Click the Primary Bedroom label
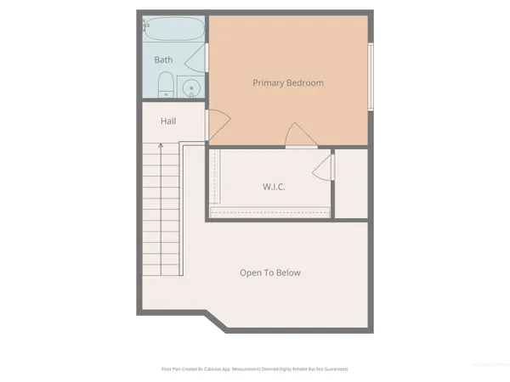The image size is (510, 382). click(288, 83)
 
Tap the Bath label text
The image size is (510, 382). click(163, 60)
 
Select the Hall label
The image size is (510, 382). click(168, 121)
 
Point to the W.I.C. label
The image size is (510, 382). click(272, 186)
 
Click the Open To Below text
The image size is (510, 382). click(270, 272)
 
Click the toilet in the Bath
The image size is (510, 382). click(167, 85)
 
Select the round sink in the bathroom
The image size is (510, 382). click(192, 87)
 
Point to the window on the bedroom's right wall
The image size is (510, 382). click(370, 76)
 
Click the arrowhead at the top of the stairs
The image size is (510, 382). click(160, 146)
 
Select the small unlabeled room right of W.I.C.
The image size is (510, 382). click(350, 183)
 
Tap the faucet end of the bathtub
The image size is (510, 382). click(147, 26)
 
